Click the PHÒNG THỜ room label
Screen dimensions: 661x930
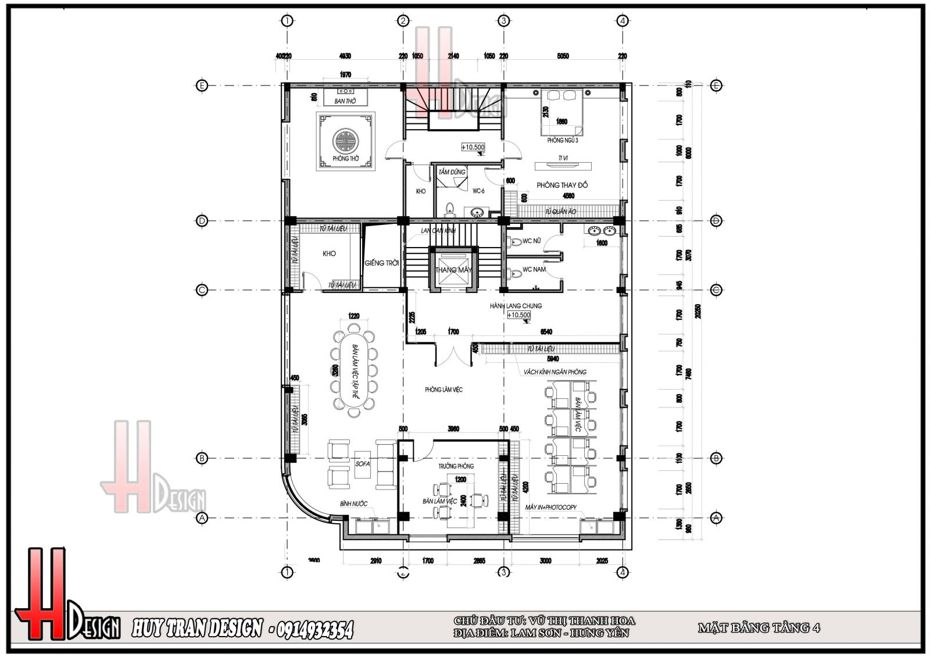(x=346, y=158)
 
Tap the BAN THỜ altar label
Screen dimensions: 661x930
(x=345, y=102)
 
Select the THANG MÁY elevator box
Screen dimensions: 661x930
(x=453, y=270)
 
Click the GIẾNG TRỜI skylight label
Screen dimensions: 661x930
(x=382, y=263)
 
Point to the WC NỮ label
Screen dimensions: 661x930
(x=532, y=241)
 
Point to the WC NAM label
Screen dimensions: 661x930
(x=533, y=269)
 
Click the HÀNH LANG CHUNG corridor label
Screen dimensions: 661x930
(x=516, y=306)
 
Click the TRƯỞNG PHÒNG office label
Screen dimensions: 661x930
(x=456, y=466)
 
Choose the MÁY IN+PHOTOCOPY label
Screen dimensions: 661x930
(x=550, y=508)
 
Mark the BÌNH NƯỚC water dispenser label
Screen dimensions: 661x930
(x=354, y=503)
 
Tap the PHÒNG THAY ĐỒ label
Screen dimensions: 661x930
(x=562, y=185)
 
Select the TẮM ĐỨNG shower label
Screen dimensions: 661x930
(x=452, y=172)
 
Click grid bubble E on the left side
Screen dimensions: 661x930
(x=202, y=85)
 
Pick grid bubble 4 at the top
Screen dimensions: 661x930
(x=623, y=21)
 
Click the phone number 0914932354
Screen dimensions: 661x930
(x=312, y=630)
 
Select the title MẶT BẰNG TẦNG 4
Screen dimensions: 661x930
(x=759, y=628)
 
